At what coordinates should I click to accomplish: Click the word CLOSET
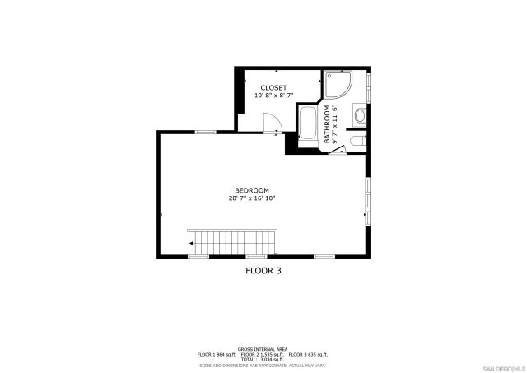click(x=274, y=87)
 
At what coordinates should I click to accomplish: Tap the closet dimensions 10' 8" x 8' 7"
click(x=274, y=96)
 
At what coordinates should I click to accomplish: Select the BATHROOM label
click(x=327, y=124)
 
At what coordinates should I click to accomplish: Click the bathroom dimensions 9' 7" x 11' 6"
click(x=336, y=124)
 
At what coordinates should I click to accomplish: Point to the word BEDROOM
click(x=252, y=190)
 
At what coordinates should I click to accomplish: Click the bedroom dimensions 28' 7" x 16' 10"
click(x=252, y=198)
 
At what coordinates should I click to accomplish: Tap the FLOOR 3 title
click(x=269, y=269)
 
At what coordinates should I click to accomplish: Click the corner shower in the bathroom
click(x=338, y=85)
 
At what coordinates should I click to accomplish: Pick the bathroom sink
click(x=361, y=116)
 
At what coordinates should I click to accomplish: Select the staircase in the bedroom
click(x=235, y=244)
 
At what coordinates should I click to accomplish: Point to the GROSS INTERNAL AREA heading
click(x=263, y=349)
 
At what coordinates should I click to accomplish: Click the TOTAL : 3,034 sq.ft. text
click(x=263, y=359)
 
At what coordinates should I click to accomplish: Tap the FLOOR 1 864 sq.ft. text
click(x=217, y=354)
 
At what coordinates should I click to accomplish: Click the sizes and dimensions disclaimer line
click(x=263, y=364)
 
